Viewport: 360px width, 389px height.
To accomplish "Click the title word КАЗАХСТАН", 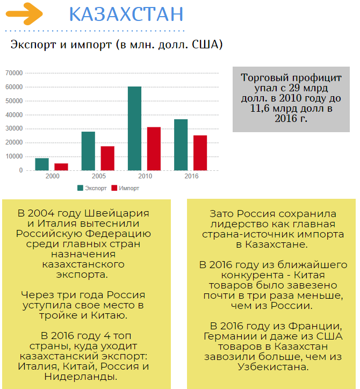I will tap(126, 15).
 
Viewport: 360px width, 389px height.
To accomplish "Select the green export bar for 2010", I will tap(134, 128).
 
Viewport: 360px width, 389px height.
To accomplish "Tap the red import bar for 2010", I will tap(154, 149).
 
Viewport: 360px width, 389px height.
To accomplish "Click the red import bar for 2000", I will tap(61, 167).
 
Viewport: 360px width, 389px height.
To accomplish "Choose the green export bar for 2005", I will tap(88, 151).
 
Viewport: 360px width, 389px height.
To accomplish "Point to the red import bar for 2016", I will tap(200, 153).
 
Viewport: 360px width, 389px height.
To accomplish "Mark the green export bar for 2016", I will tap(181, 145).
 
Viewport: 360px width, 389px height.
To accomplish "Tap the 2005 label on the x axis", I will tap(99, 176).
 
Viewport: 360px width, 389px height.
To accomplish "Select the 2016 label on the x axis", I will tap(191, 176).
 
